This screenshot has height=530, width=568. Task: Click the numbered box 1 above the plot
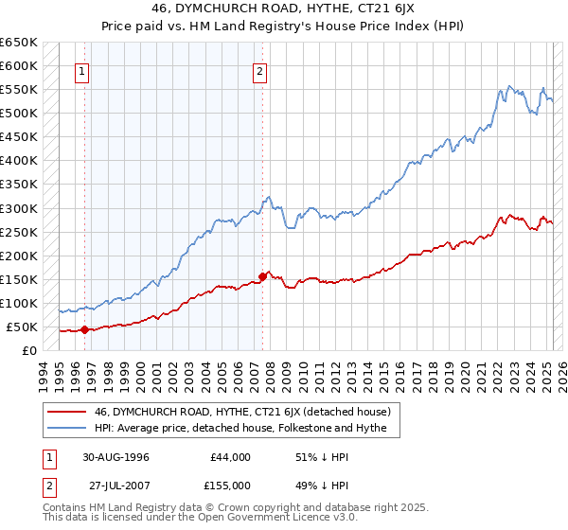[x=82, y=70]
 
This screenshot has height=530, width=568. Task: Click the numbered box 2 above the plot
[x=259, y=70]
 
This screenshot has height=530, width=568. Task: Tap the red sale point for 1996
[x=85, y=329]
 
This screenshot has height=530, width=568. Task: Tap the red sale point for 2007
[x=262, y=276]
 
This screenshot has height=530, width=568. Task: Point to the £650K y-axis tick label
[x=19, y=43]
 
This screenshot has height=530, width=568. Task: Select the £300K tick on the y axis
[x=19, y=208]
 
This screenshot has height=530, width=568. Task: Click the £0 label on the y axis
[x=30, y=350]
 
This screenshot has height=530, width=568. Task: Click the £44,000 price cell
[x=231, y=457]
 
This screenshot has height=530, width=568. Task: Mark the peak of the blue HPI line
[x=508, y=85]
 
